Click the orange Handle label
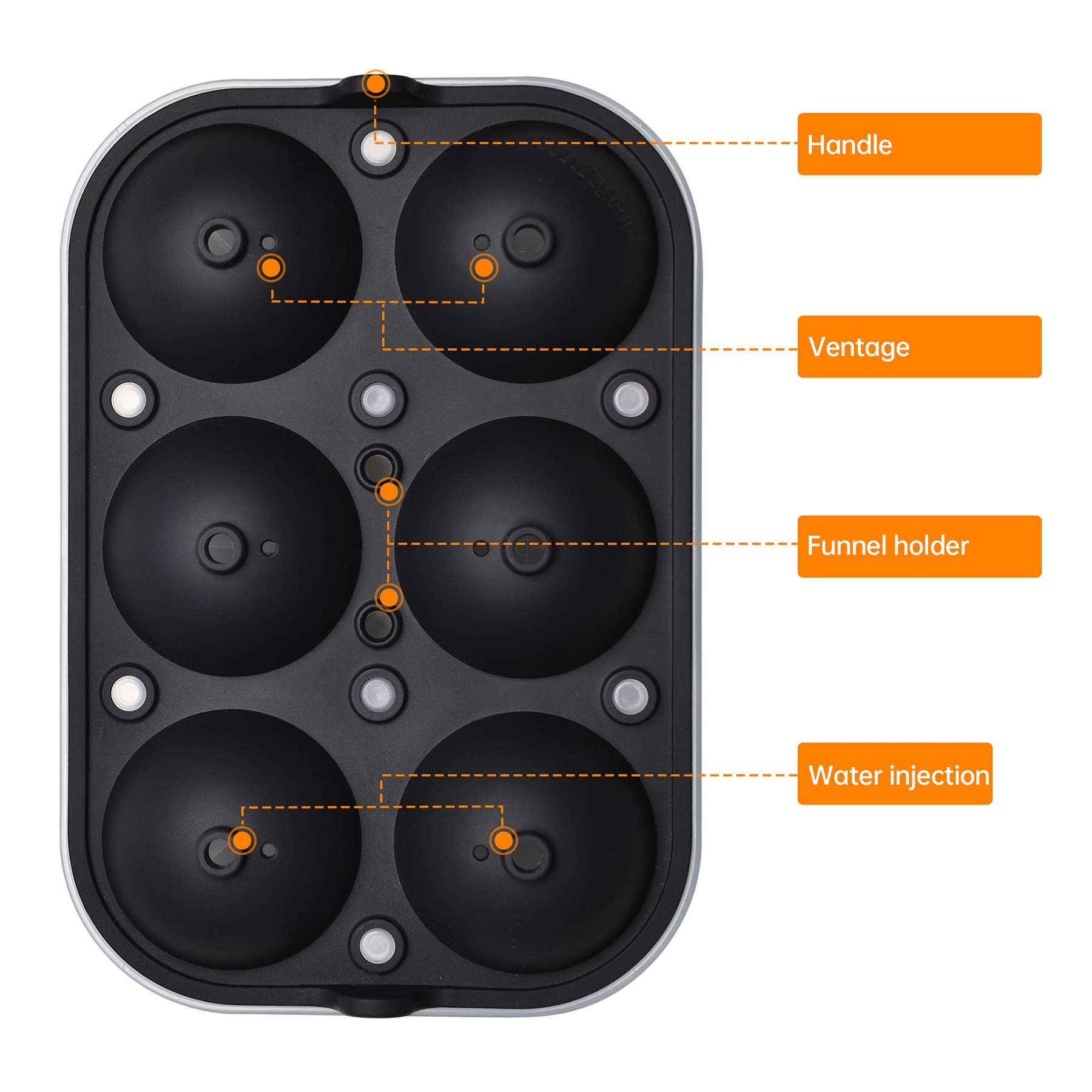coord(919,144)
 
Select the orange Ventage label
coord(919,346)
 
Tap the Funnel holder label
coord(919,546)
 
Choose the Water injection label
coord(895,773)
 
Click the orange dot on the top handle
coord(376,84)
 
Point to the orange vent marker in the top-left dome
coord(271,268)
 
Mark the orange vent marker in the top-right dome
coord(484,268)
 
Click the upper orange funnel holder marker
coord(389,492)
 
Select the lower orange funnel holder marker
coord(389,598)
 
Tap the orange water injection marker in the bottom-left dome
coord(243,840)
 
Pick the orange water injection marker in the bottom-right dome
coord(503,840)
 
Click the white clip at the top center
coord(378,149)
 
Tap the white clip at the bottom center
coord(377,945)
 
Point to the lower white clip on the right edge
coord(630,695)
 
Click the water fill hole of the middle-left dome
coord(221,548)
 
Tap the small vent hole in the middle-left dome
coord(269,548)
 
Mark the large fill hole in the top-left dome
coord(221,241)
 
